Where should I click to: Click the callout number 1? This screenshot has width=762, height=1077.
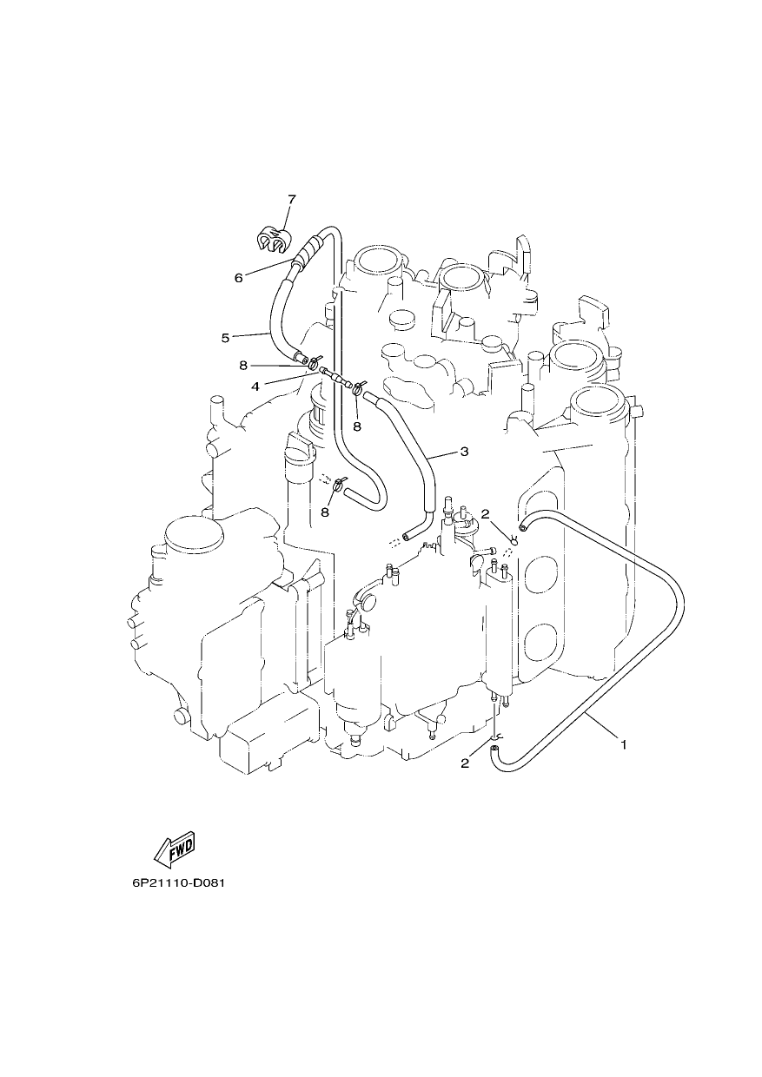[624, 745]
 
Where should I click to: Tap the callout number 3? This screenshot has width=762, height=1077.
[464, 452]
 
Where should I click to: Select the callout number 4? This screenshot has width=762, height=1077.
[255, 387]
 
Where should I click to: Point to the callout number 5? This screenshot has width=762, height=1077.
[225, 338]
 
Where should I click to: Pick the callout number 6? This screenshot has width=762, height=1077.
[239, 278]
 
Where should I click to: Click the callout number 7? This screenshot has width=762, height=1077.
[292, 199]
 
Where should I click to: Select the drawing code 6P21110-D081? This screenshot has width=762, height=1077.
[178, 883]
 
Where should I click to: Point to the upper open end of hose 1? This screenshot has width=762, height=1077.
[523, 528]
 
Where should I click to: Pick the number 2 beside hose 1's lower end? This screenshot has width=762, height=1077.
[465, 763]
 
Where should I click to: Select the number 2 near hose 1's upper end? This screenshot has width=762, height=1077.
[485, 514]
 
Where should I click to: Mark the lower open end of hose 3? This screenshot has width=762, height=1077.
[408, 536]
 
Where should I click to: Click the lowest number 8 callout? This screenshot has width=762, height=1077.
[325, 512]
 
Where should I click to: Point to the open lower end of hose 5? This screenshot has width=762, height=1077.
[300, 357]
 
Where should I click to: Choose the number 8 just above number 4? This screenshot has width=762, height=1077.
[243, 366]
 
